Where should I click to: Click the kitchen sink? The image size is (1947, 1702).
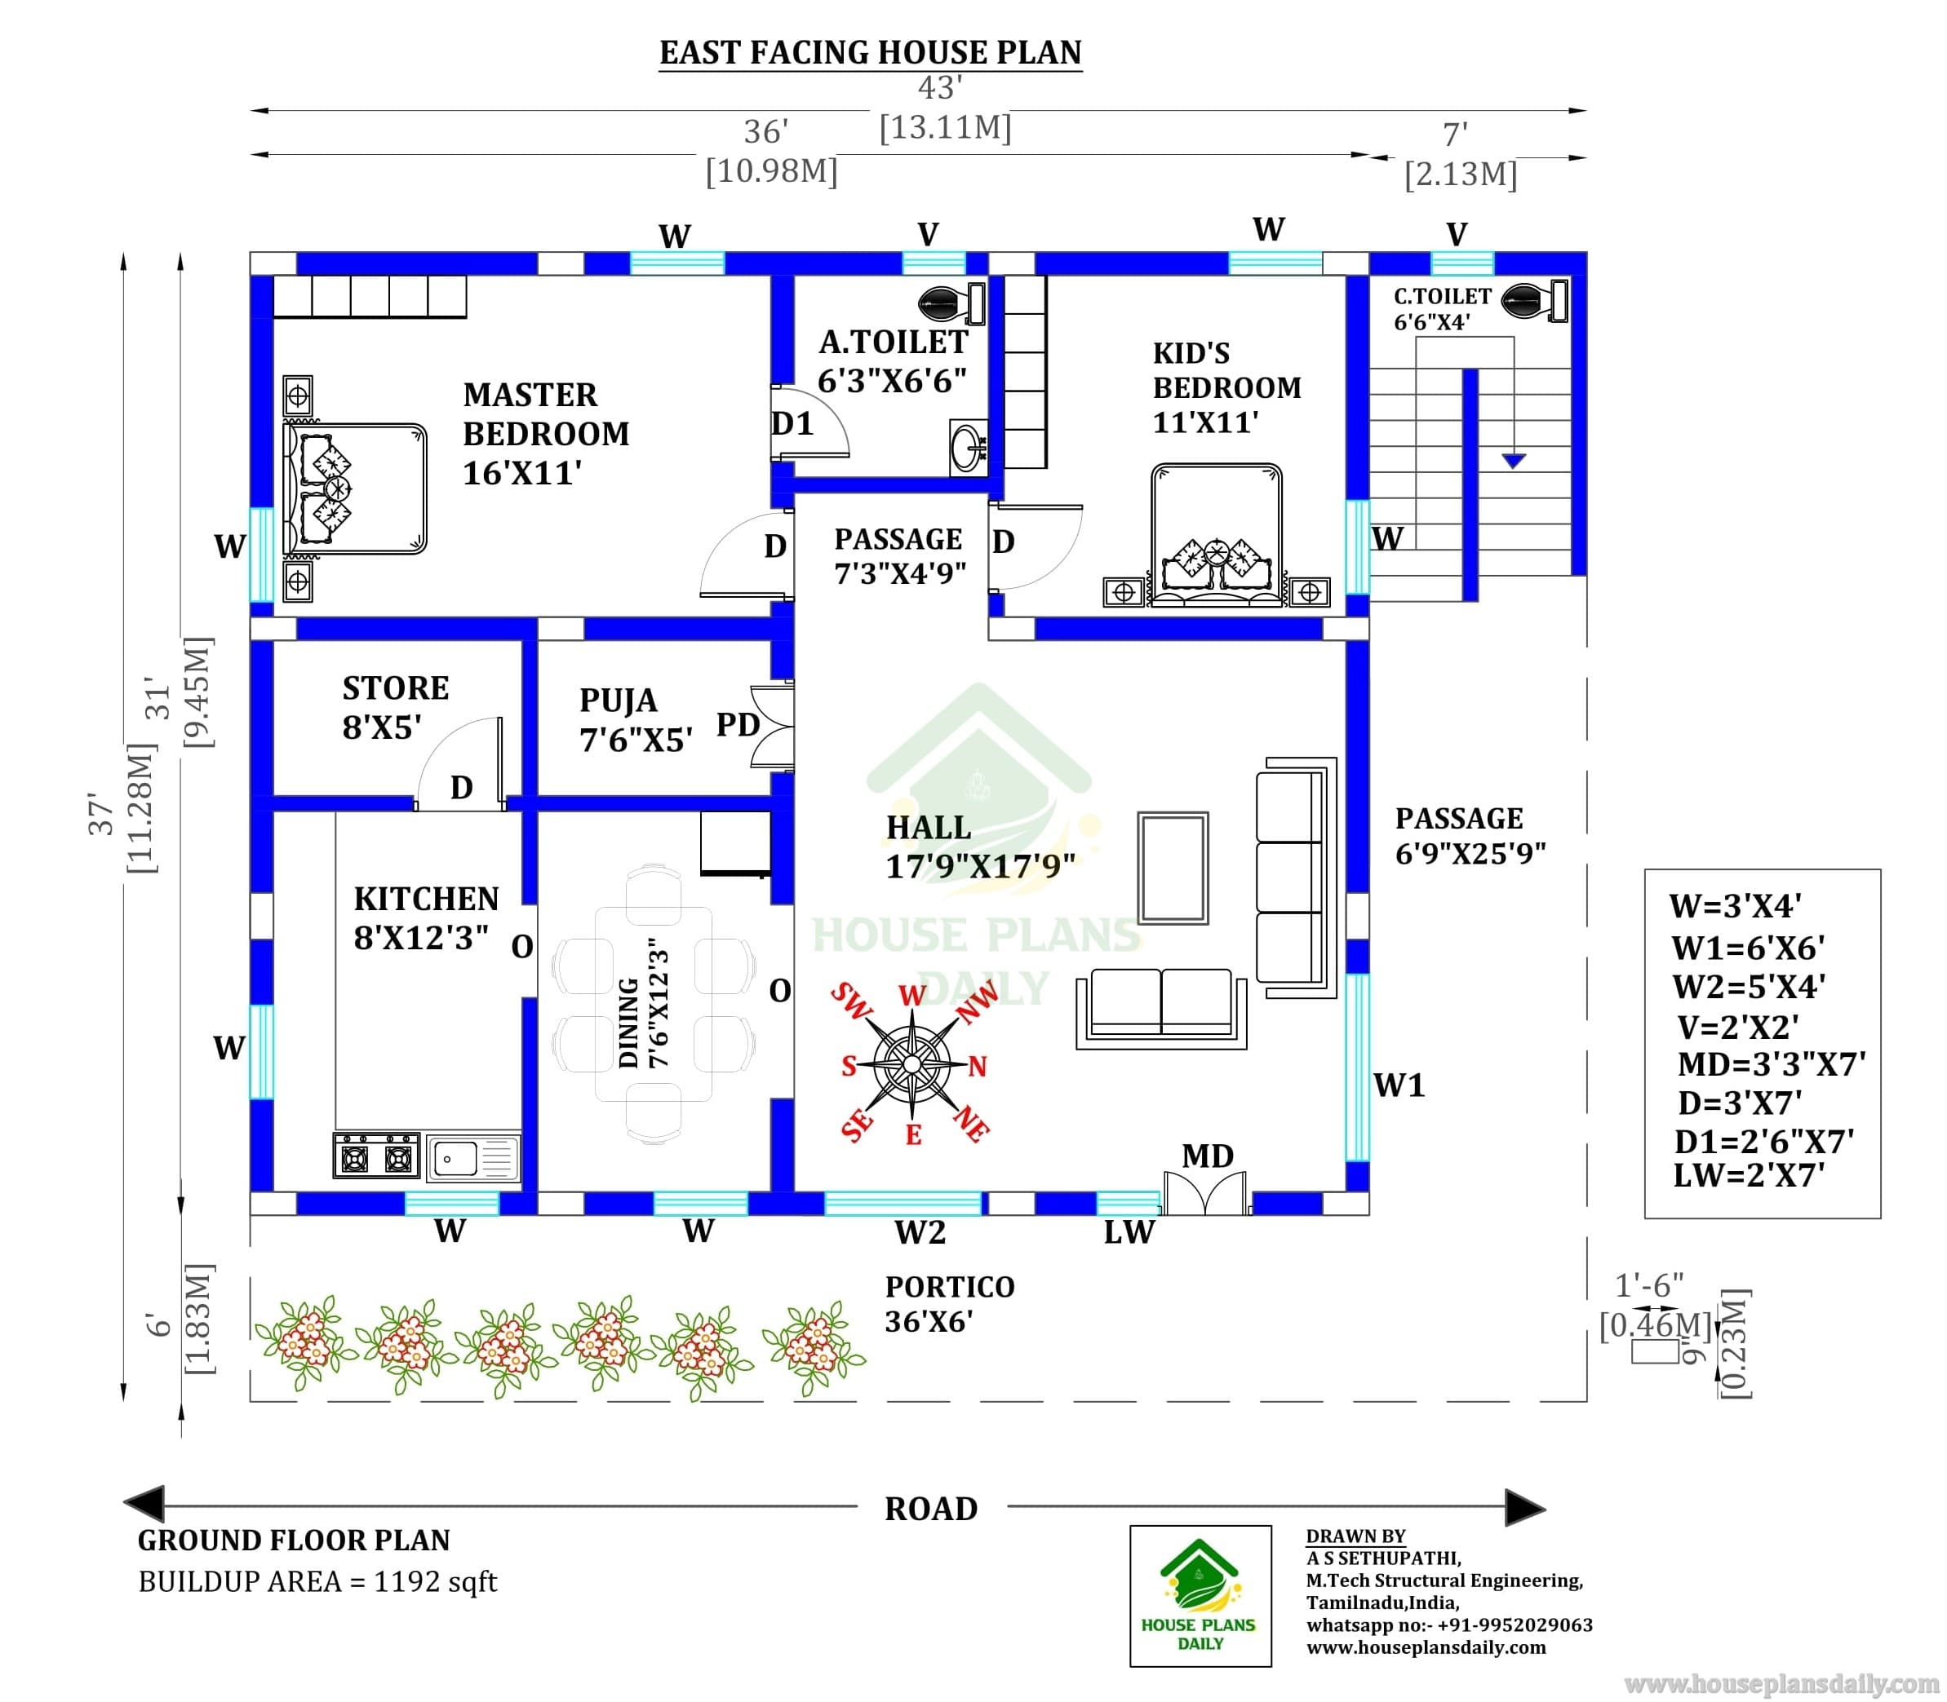point(472,1158)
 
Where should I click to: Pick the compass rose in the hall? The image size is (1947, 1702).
point(912,1063)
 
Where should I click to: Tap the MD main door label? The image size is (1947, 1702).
point(1207,1156)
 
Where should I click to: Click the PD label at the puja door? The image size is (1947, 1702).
point(738,725)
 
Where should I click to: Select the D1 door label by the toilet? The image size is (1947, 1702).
point(792,423)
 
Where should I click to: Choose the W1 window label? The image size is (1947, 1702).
point(1399,1085)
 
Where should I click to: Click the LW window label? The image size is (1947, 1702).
point(1129,1232)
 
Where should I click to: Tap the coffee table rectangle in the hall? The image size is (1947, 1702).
point(1173,868)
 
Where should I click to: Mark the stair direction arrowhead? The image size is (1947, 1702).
point(1514,461)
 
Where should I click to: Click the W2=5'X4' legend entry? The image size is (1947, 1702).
point(1749,987)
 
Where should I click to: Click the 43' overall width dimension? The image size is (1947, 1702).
point(941,88)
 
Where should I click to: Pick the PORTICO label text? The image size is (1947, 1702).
point(950,1286)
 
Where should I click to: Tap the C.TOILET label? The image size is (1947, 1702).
point(1443,296)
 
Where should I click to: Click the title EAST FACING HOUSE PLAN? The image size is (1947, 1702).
point(871,52)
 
